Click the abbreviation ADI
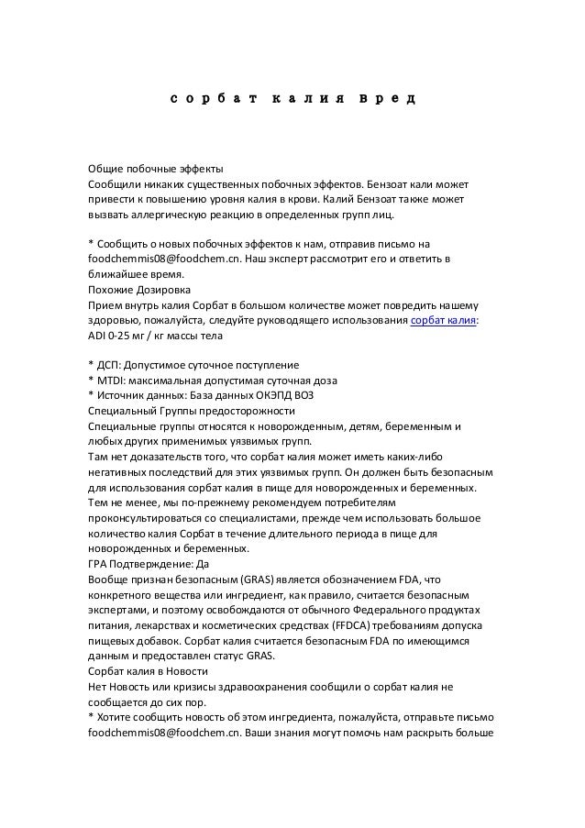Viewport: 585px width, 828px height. (96, 336)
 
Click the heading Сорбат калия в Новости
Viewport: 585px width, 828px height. (149, 669)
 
